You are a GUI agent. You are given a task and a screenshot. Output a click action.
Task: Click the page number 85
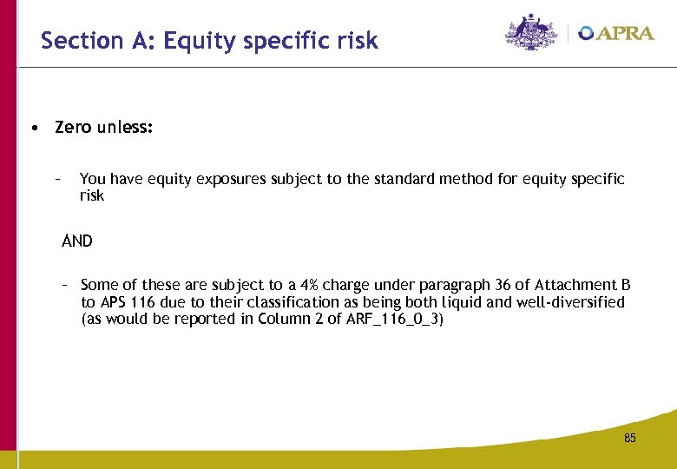[630, 439]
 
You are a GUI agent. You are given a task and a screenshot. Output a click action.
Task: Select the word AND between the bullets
[77, 241]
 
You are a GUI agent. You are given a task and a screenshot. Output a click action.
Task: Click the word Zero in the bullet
[73, 128]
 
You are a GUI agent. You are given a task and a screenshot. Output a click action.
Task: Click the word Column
[284, 319]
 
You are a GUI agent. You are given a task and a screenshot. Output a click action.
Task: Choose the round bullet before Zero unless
[31, 129]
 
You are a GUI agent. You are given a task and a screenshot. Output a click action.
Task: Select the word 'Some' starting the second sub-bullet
[99, 285]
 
